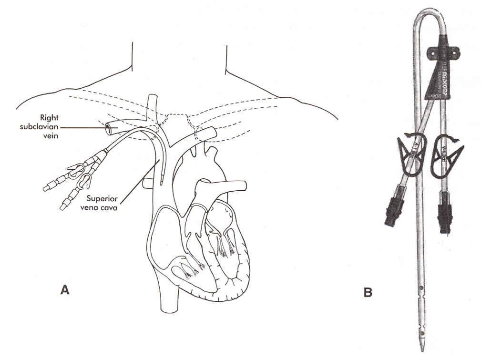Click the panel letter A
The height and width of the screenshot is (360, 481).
[x=65, y=289]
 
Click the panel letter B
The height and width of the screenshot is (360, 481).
[x=368, y=292]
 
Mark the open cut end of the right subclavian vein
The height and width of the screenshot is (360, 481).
[x=110, y=127]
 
